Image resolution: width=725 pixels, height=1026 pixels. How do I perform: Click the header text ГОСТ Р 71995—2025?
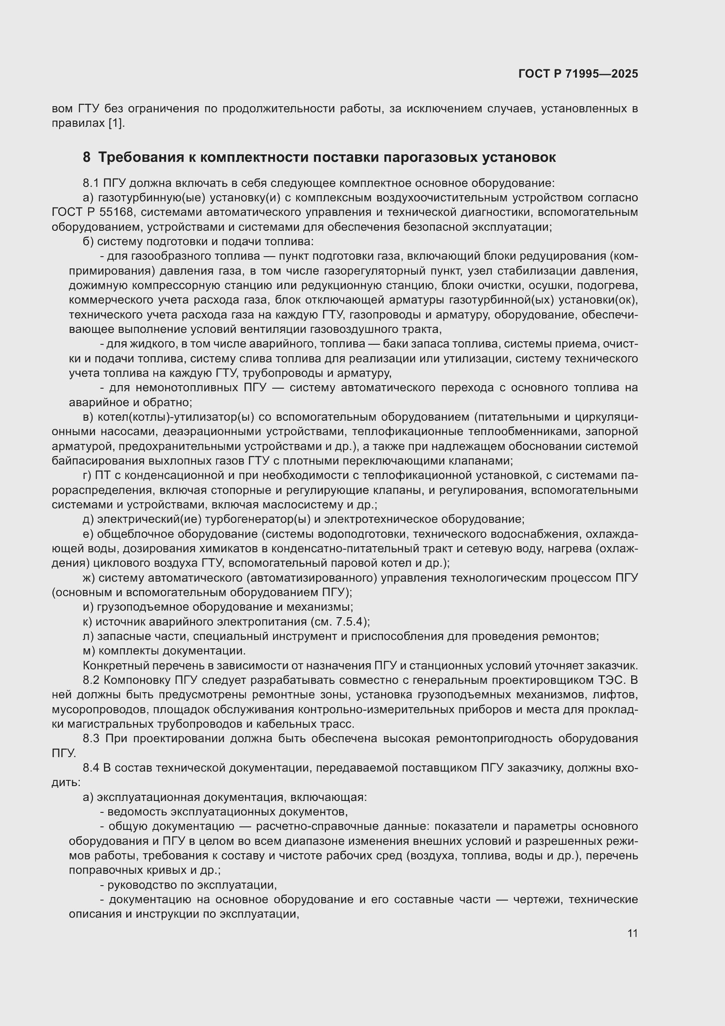pos(578,74)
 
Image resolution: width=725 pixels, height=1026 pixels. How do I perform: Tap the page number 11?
pos(632,933)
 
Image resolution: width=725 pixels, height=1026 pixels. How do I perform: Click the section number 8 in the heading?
pos(86,158)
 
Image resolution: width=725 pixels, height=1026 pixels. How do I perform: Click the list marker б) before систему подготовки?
pos(89,242)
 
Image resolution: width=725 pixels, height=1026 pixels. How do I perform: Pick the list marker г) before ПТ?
pos(87,475)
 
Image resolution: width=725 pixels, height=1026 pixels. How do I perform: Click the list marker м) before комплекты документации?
pos(89,651)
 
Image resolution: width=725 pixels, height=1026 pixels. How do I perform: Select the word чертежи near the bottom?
pos(537,899)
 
